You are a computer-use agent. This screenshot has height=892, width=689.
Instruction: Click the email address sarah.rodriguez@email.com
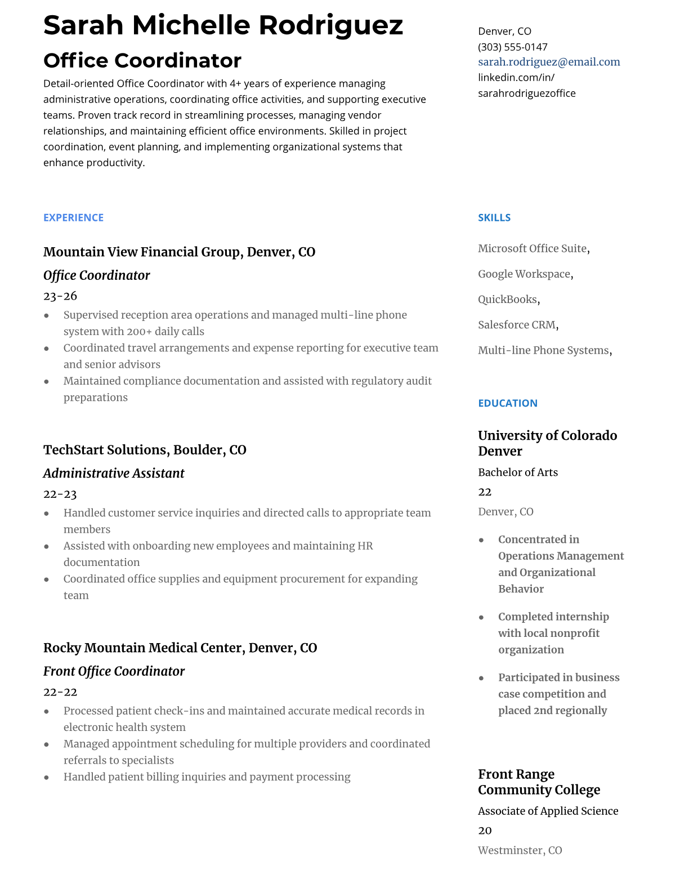[x=549, y=62]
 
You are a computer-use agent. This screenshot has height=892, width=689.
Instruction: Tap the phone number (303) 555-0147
[x=512, y=47]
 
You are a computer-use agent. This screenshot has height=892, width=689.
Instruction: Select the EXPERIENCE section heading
[x=73, y=217]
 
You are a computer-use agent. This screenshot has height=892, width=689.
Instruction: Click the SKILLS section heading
[x=494, y=217]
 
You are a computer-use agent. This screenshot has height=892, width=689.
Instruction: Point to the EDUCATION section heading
[x=507, y=403]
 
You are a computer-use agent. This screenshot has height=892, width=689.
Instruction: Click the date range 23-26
[x=60, y=296]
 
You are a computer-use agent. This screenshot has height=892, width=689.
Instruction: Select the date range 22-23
[x=60, y=494]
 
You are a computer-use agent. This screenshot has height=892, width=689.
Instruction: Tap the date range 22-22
[x=60, y=692]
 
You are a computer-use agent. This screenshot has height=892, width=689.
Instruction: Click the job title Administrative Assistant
[x=114, y=473]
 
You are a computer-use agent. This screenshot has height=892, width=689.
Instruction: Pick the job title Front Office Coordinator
[x=114, y=671]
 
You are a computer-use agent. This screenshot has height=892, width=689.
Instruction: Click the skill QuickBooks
[x=507, y=300]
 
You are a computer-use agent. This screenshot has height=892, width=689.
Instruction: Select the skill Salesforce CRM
[x=517, y=325]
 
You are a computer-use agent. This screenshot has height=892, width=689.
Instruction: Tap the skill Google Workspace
[x=524, y=274]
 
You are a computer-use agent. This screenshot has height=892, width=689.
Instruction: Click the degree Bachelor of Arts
[x=518, y=472]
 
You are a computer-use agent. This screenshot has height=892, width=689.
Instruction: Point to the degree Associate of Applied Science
[x=548, y=811]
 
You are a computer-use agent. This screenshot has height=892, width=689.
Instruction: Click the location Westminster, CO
[x=520, y=850]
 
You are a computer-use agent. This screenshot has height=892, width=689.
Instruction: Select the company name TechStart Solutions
[x=105, y=450]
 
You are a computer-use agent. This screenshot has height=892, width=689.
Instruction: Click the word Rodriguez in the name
[x=331, y=25]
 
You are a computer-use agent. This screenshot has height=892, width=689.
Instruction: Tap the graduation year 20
[x=485, y=831]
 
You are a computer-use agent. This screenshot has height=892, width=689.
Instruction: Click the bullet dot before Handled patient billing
[x=46, y=777]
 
